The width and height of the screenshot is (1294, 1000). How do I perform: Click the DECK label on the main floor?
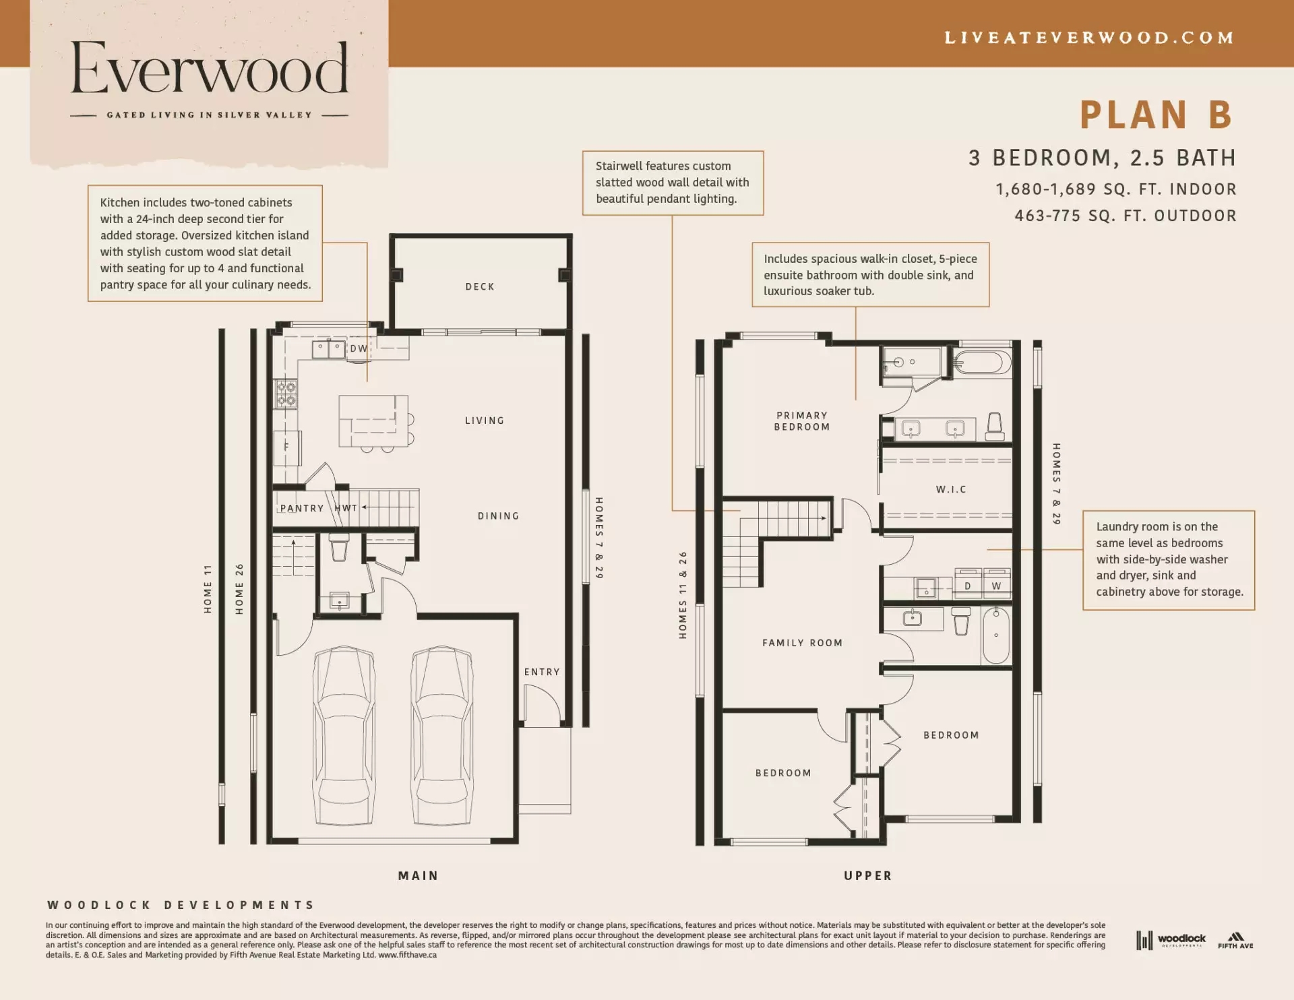click(480, 287)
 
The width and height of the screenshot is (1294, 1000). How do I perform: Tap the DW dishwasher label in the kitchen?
click(359, 349)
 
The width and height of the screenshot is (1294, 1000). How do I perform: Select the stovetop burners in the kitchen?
click(286, 394)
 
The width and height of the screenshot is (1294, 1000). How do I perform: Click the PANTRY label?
click(302, 509)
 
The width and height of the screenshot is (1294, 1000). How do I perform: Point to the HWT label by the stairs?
click(346, 508)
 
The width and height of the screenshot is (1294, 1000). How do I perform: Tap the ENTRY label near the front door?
click(542, 673)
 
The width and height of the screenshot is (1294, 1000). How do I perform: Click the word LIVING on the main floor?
click(485, 421)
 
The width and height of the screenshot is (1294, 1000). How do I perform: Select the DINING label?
click(499, 516)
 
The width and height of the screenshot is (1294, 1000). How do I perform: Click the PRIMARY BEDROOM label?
click(802, 421)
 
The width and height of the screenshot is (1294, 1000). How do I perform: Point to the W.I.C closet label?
click(951, 490)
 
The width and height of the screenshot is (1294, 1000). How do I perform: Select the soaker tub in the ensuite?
click(983, 363)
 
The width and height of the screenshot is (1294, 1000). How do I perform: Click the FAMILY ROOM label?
click(803, 644)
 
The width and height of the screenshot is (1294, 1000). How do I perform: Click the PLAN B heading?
click(1157, 115)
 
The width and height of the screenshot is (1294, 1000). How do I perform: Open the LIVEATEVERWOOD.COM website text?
click(1089, 38)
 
